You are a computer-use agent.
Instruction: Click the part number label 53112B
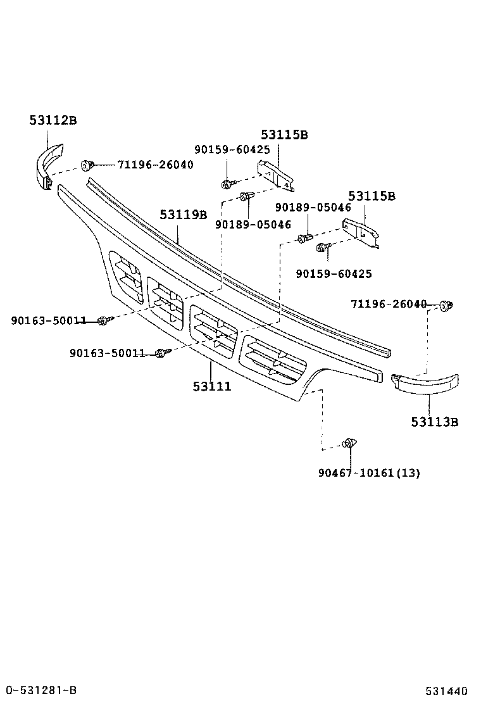[53, 120]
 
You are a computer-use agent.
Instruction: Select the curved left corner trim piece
[48, 164]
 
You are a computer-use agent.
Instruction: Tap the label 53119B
[184, 215]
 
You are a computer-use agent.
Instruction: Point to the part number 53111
[212, 386]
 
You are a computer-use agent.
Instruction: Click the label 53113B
[434, 422]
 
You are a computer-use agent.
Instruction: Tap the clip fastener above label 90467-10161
[349, 443]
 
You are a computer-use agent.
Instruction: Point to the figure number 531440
[446, 691]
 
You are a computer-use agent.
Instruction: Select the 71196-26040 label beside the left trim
[155, 165]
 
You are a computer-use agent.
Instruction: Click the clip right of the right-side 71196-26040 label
[447, 305]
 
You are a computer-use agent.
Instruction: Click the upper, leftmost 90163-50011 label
[48, 321]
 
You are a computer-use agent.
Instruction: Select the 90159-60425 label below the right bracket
[334, 273]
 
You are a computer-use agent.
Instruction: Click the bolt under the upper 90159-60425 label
[226, 184]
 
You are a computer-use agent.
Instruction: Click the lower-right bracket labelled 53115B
[361, 232]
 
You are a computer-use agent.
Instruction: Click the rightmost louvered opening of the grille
[273, 361]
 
